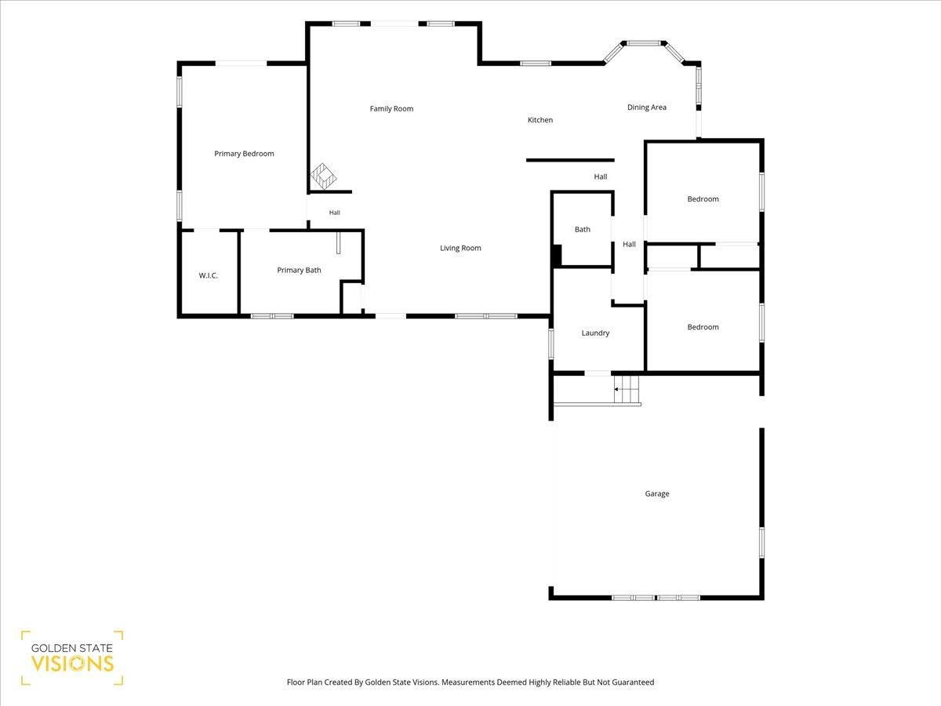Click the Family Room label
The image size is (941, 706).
(x=391, y=109)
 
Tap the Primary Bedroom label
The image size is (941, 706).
(x=244, y=154)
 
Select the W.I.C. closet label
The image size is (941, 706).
(x=208, y=275)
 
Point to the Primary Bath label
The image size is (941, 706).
(x=299, y=270)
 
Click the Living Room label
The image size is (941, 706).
(x=460, y=248)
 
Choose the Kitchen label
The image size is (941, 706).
(x=540, y=120)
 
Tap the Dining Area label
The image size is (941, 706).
(x=646, y=107)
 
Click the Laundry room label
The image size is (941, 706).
(x=595, y=333)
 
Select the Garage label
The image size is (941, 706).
(x=657, y=493)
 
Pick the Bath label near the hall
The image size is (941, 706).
(x=582, y=229)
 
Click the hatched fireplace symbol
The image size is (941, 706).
(x=323, y=176)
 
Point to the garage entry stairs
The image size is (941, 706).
(x=627, y=389)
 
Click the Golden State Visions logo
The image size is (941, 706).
(x=72, y=658)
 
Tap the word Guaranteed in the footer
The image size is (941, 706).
(x=633, y=682)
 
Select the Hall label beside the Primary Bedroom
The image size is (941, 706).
(x=334, y=213)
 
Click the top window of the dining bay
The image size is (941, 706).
(x=643, y=43)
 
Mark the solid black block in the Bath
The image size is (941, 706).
(x=557, y=256)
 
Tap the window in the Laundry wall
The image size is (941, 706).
(x=551, y=343)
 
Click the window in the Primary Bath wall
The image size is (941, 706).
(x=272, y=316)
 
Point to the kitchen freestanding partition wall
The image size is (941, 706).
(x=570, y=160)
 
